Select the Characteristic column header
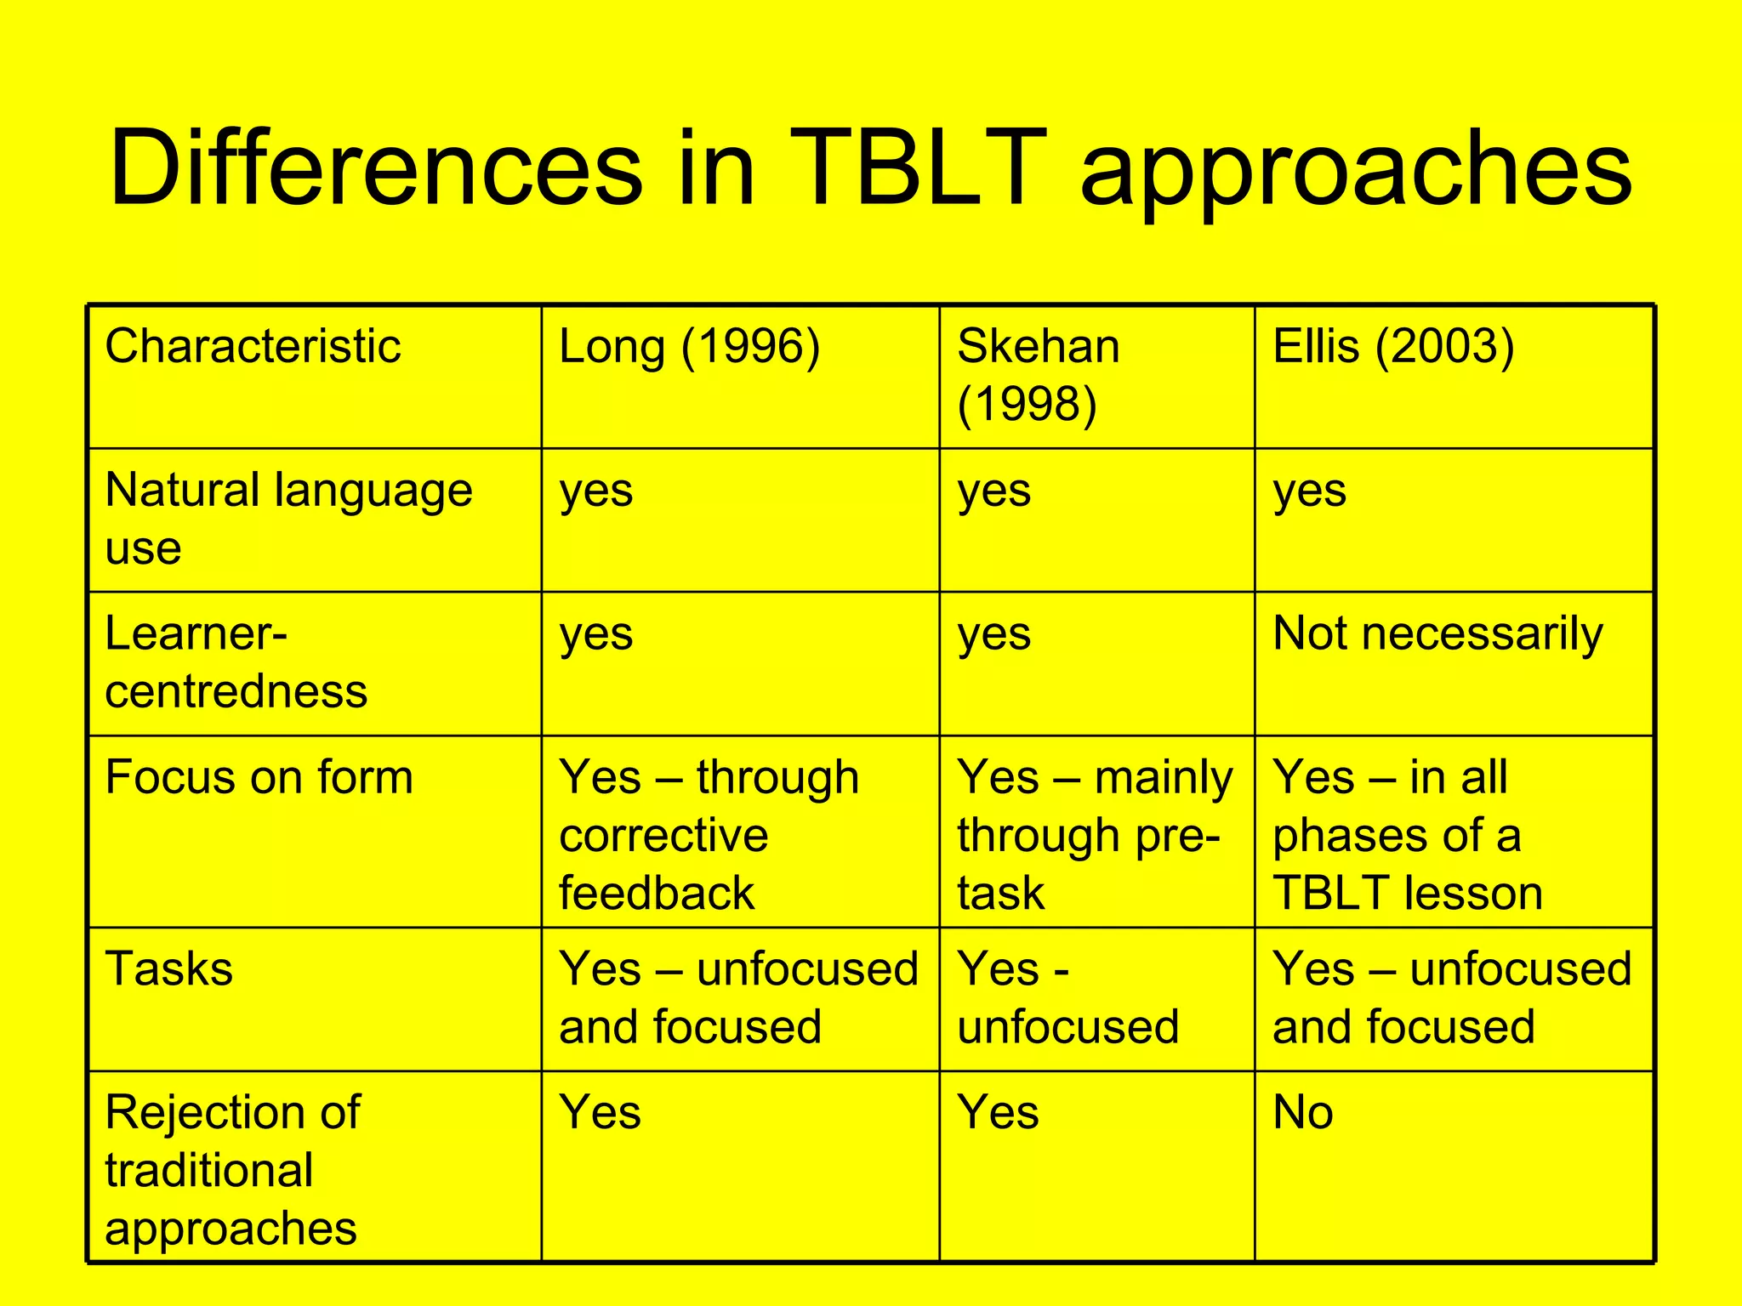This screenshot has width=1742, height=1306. [x=253, y=347]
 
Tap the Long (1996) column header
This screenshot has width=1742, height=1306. [x=689, y=347]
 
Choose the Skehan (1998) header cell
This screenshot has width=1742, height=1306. [x=1038, y=374]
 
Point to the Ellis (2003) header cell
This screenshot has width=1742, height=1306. [x=1393, y=347]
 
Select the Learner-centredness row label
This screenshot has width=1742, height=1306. [x=236, y=662]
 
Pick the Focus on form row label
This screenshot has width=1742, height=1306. [x=259, y=777]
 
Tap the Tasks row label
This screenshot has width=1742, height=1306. [x=168, y=969]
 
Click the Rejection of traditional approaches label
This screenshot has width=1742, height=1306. [x=231, y=1169]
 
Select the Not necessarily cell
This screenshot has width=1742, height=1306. [x=1437, y=634]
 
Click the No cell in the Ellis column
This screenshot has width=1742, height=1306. [x=1302, y=1112]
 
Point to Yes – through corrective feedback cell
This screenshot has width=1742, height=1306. [x=708, y=834]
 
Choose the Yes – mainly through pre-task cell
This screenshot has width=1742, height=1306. [x=1094, y=834]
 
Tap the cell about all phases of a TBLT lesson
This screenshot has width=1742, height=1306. [x=1408, y=834]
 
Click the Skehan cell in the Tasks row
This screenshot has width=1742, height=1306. [x=1067, y=997]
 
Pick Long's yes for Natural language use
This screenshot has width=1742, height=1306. [x=595, y=491]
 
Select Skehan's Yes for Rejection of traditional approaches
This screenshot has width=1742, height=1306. [x=998, y=1112]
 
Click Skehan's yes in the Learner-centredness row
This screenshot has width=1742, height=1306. [x=993, y=634]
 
